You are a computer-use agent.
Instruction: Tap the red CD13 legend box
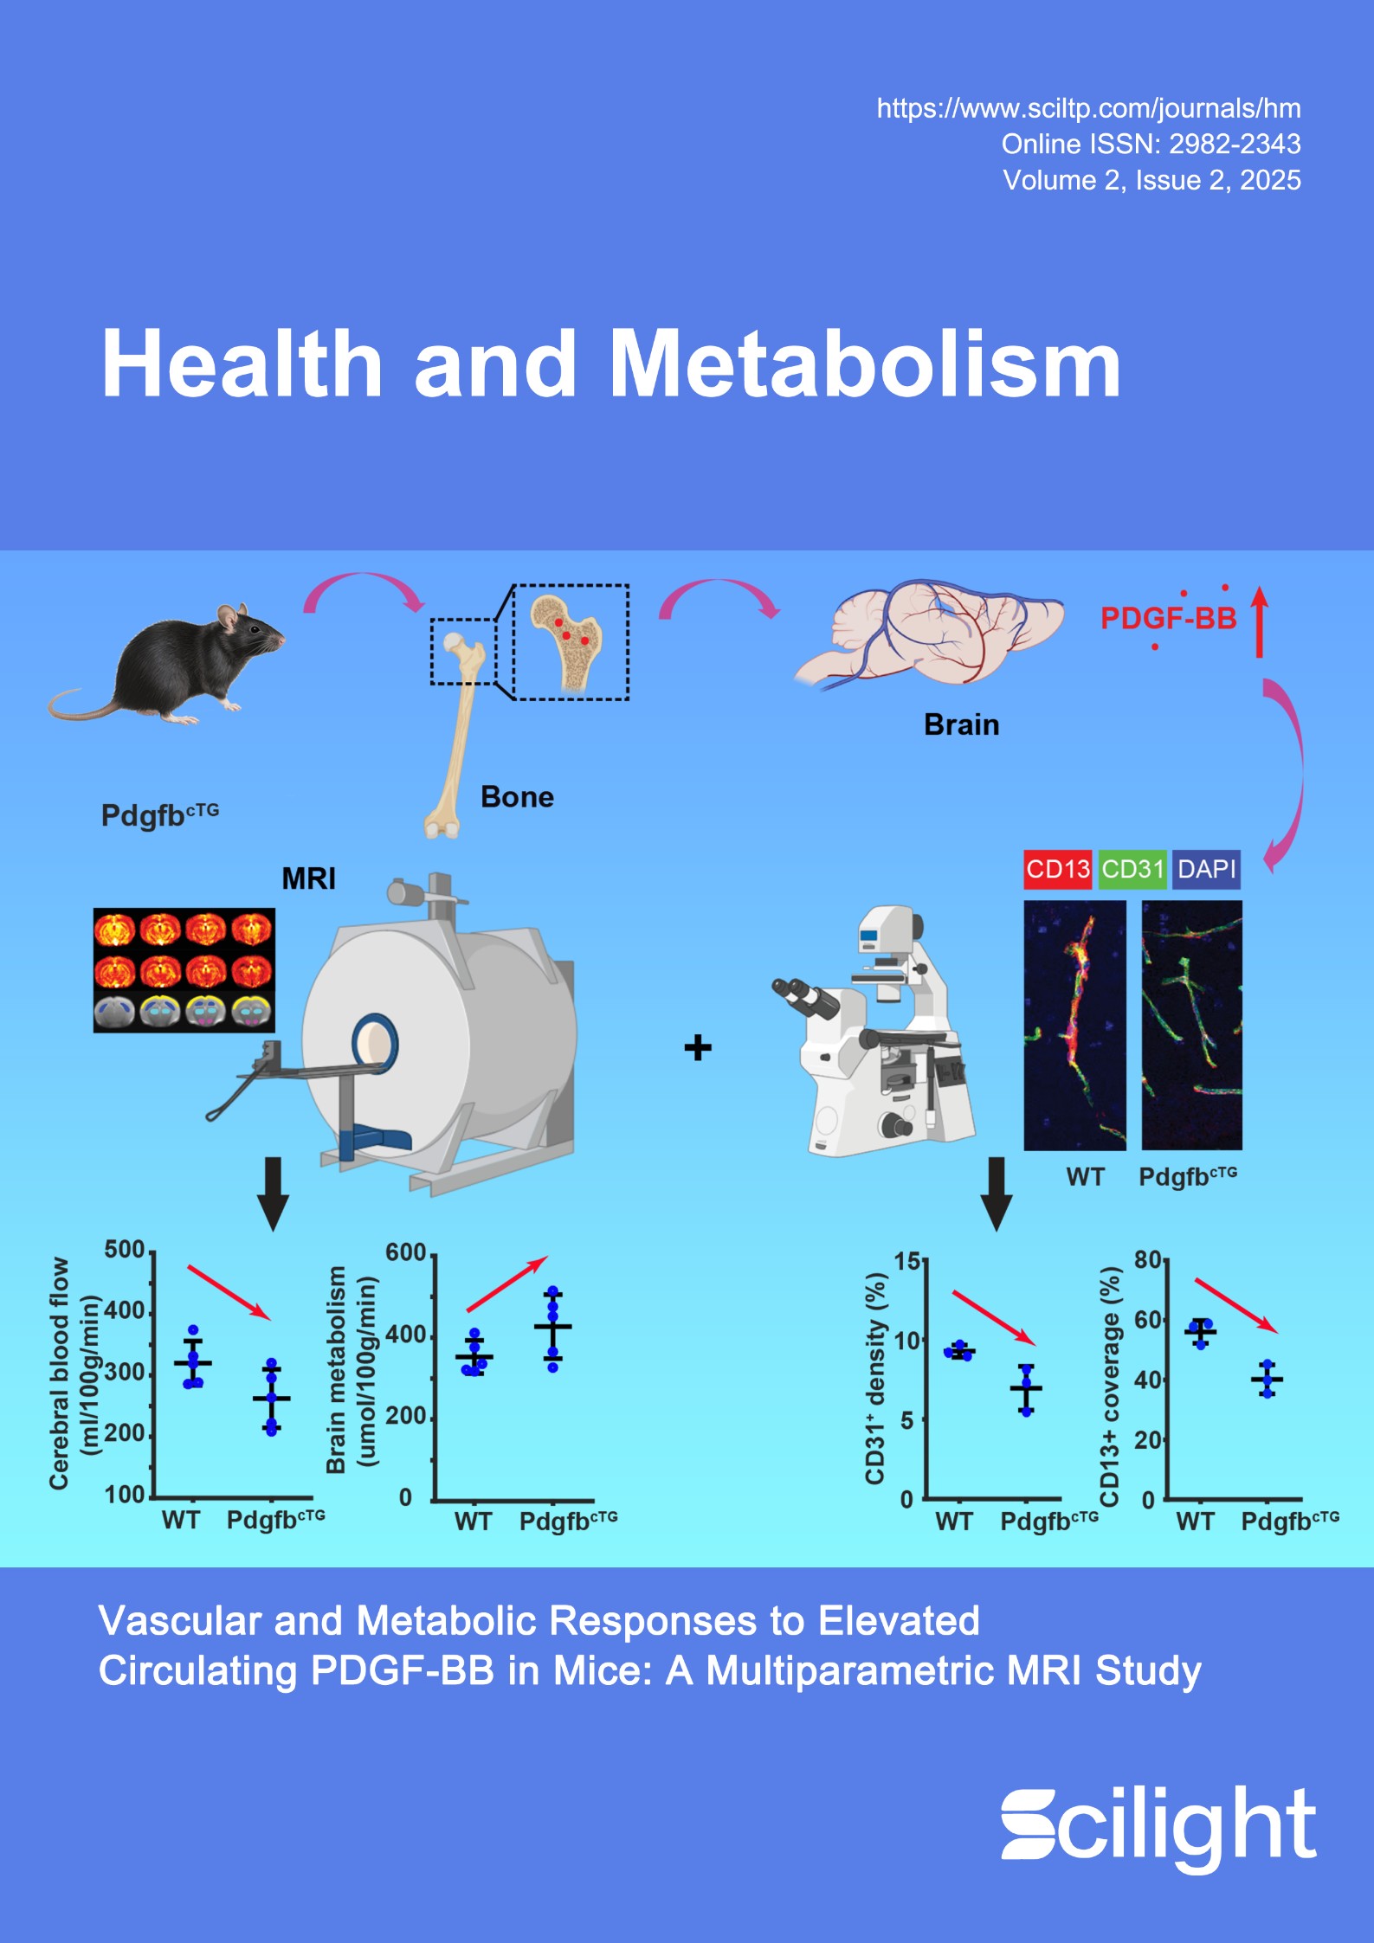[1057, 869]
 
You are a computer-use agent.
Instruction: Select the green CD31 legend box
[1132, 869]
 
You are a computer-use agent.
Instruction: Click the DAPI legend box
[1207, 869]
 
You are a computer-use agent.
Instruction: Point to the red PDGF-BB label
[1168, 618]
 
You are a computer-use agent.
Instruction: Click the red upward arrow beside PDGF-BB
[1260, 621]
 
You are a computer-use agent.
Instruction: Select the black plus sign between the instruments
[698, 1048]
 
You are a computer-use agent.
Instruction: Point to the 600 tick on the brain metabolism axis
[406, 1252]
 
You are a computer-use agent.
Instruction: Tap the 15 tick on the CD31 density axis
[907, 1261]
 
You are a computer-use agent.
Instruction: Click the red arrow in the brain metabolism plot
[506, 1284]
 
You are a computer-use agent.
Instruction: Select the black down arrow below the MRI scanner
[273, 1193]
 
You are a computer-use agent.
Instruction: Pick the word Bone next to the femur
[517, 796]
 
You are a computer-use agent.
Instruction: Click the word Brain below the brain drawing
[961, 724]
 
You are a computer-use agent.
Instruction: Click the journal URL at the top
[1088, 108]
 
